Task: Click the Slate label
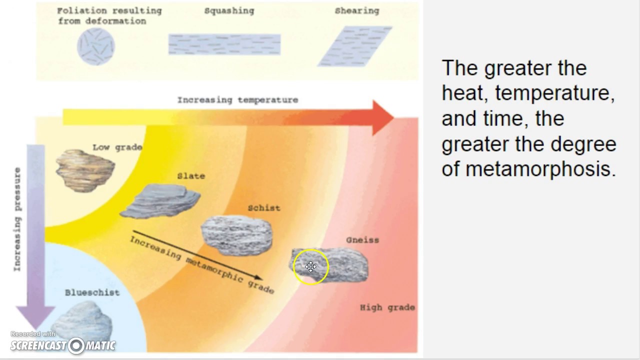click(x=191, y=176)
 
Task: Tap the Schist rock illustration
click(x=236, y=235)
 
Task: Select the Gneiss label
click(x=362, y=240)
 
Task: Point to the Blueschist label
click(x=92, y=292)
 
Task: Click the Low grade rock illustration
click(x=84, y=169)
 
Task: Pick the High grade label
click(x=387, y=307)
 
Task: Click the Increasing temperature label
click(x=237, y=100)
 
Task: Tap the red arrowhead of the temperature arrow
click(x=382, y=118)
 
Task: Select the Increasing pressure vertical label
click(x=18, y=219)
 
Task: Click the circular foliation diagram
click(x=96, y=46)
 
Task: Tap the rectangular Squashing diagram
click(x=224, y=44)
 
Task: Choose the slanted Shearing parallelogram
click(x=355, y=46)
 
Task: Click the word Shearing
click(x=357, y=10)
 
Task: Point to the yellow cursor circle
click(x=310, y=267)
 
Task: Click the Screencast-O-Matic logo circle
click(x=76, y=345)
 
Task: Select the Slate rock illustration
click(x=160, y=200)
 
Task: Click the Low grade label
click(x=117, y=147)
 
